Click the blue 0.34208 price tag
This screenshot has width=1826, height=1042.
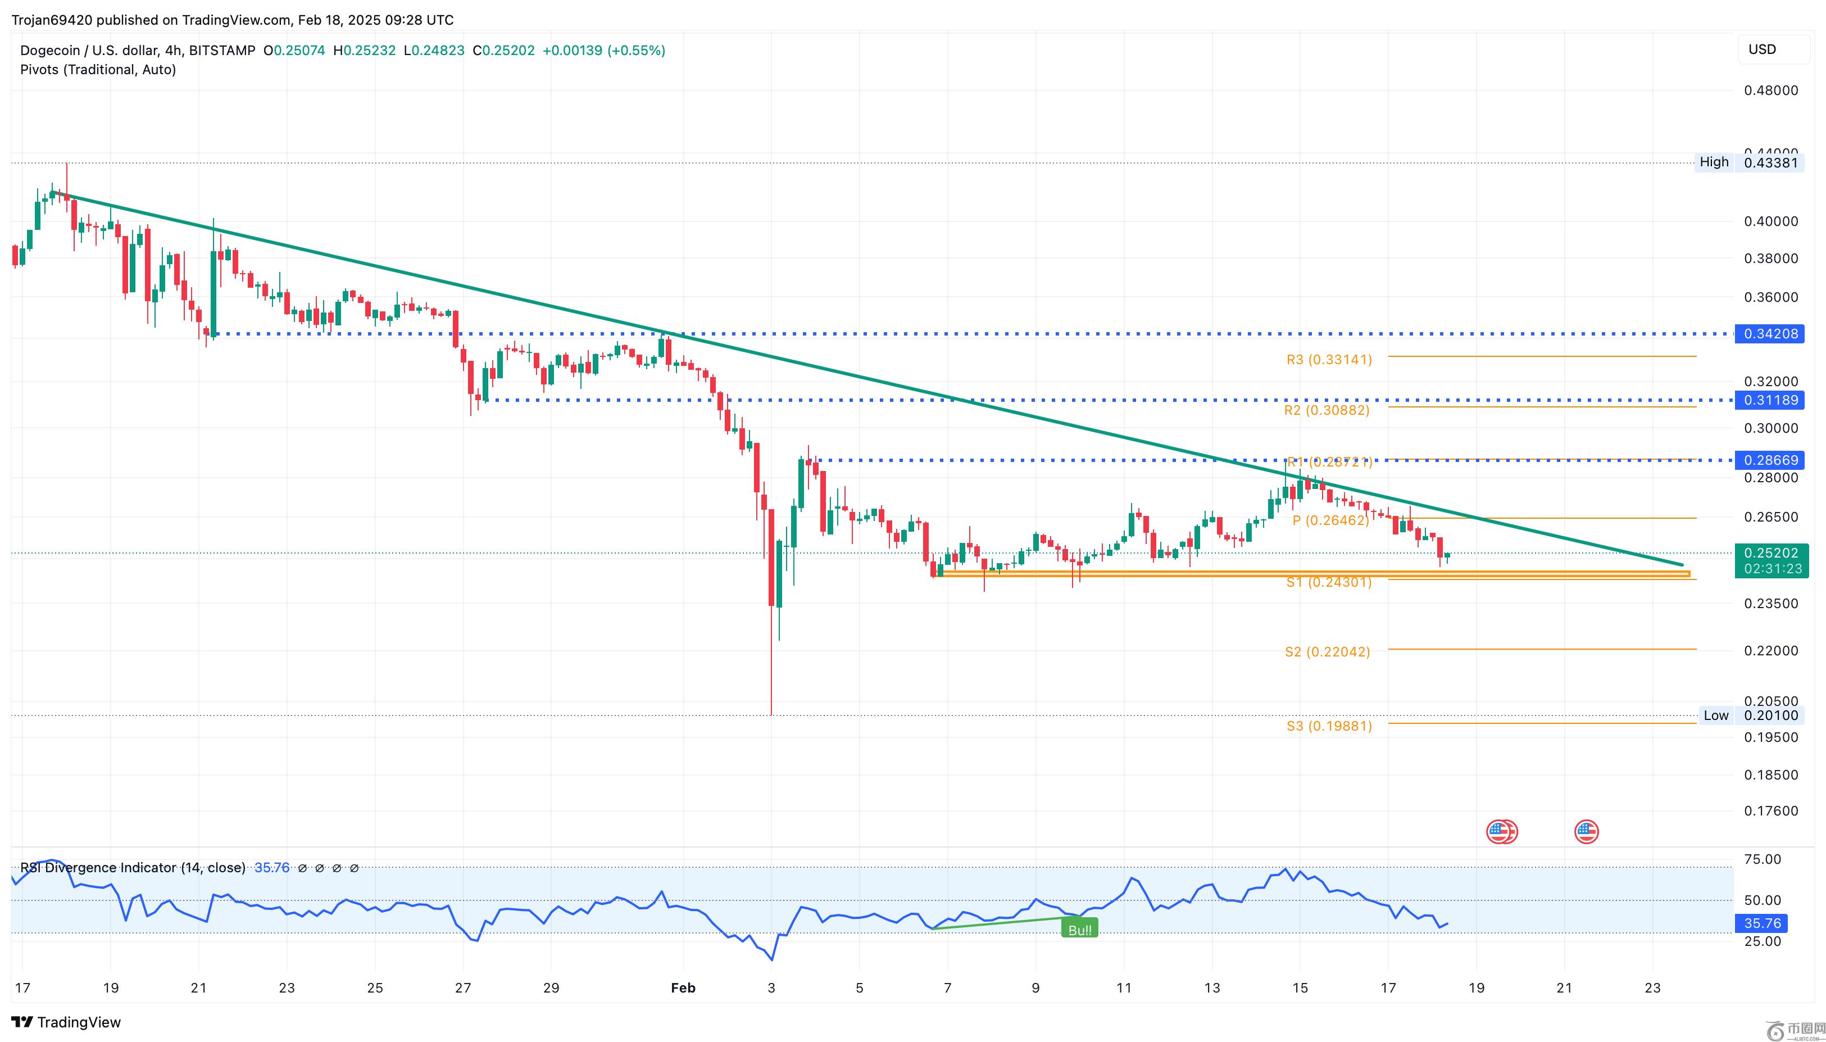pyautogui.click(x=1769, y=333)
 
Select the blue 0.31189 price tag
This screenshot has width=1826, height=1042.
pyautogui.click(x=1769, y=400)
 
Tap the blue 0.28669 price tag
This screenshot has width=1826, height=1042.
pyautogui.click(x=1769, y=460)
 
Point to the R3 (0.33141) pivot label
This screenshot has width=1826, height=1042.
pyautogui.click(x=1329, y=359)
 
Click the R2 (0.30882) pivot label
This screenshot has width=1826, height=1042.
pyautogui.click(x=1327, y=410)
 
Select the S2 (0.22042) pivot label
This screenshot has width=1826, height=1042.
pyautogui.click(x=1328, y=652)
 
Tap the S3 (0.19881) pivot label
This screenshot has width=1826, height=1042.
pyautogui.click(x=1329, y=726)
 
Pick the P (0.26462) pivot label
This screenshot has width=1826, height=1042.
pyautogui.click(x=1330, y=520)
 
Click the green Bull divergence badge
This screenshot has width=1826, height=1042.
pyautogui.click(x=1079, y=930)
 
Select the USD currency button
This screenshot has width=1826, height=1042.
pyautogui.click(x=1763, y=49)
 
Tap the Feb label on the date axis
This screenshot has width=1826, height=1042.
pyautogui.click(x=683, y=987)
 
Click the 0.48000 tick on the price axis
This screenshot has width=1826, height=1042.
pyautogui.click(x=1771, y=90)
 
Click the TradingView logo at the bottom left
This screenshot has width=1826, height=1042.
pyautogui.click(x=66, y=1022)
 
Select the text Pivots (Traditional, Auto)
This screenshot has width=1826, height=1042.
pyautogui.click(x=98, y=70)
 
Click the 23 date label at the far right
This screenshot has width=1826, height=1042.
pyautogui.click(x=1652, y=987)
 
